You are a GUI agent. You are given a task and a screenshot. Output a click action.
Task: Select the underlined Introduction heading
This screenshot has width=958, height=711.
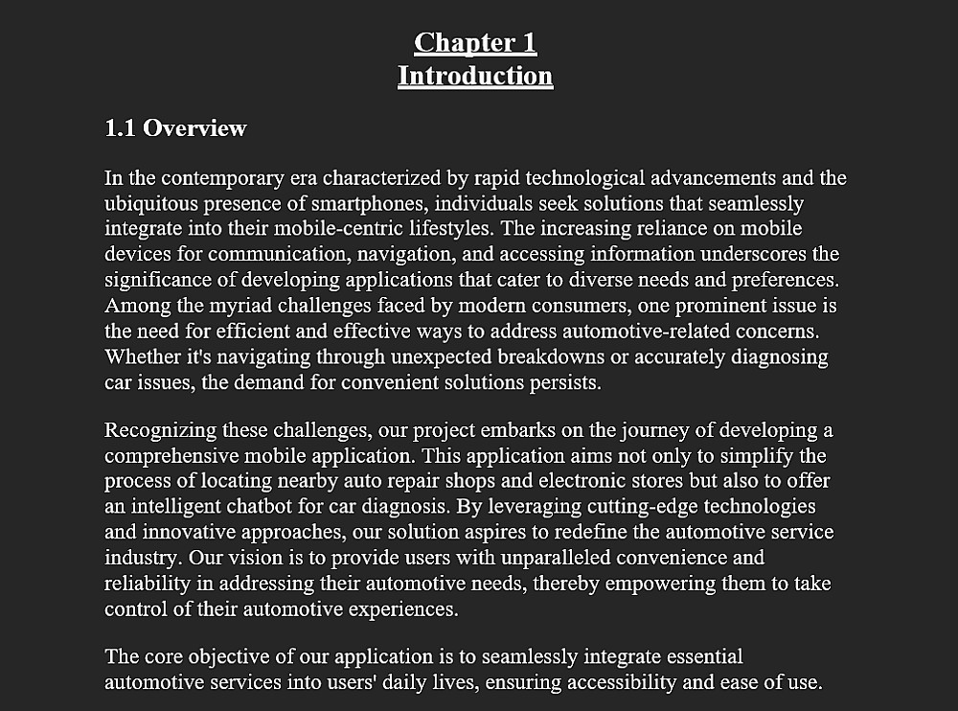pos(475,76)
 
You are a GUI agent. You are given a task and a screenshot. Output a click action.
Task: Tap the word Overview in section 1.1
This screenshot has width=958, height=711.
pos(195,128)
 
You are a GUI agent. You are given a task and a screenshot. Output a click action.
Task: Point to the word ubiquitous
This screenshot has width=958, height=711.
pos(149,204)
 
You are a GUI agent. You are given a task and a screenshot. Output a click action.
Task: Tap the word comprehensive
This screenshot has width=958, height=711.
pos(174,455)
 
